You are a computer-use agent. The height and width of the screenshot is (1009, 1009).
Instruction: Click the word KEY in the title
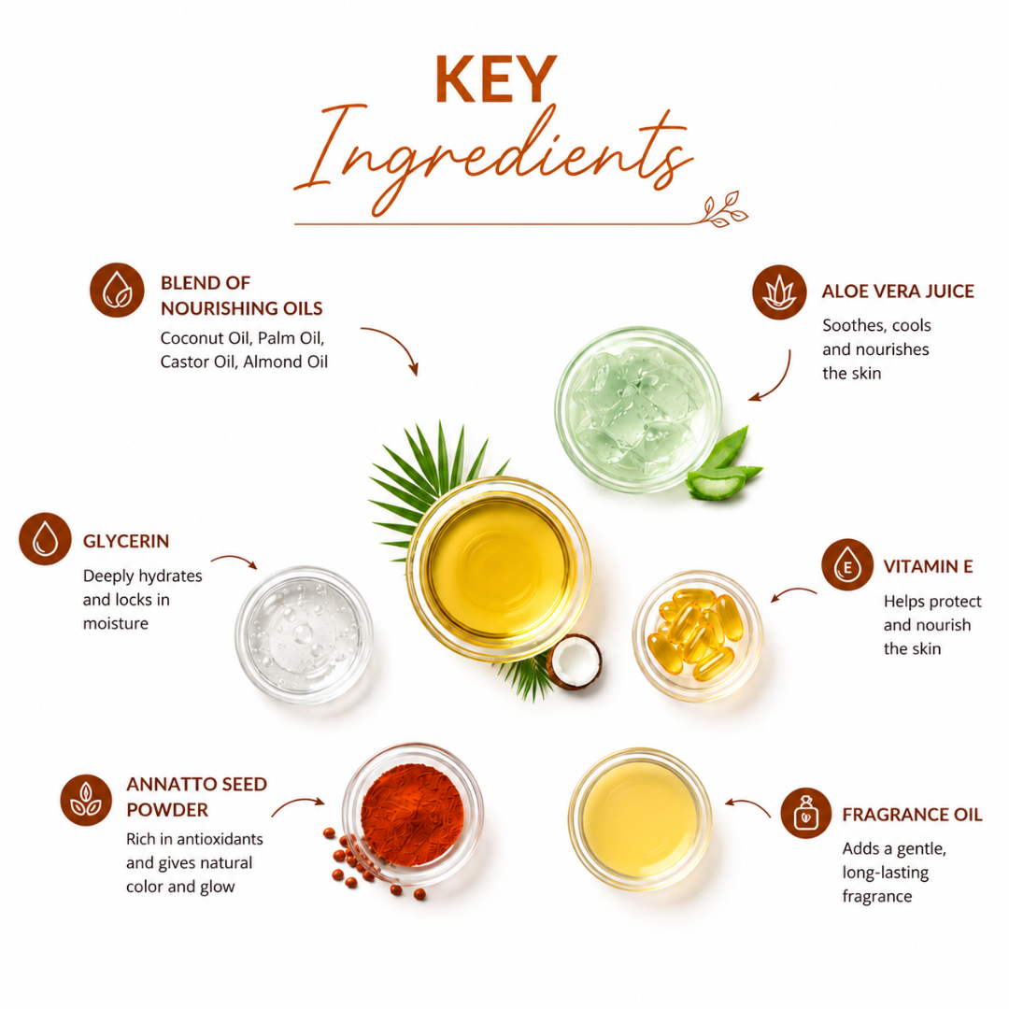click(495, 78)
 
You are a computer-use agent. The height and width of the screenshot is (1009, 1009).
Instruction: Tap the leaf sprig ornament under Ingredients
click(724, 210)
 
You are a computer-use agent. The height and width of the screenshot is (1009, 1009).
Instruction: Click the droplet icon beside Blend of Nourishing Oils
click(117, 290)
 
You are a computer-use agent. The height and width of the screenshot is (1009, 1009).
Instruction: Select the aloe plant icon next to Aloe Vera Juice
click(779, 292)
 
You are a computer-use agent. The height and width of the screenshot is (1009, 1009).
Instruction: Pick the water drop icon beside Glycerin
click(45, 539)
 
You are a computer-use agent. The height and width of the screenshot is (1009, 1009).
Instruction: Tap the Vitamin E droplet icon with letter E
click(847, 564)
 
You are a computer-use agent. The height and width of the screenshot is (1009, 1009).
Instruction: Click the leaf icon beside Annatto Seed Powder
click(86, 800)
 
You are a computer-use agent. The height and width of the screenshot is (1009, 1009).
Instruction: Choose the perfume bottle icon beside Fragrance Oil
click(806, 813)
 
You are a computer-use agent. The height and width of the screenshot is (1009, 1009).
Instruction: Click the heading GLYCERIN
click(126, 541)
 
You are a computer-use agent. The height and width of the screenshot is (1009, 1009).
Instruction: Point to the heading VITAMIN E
click(928, 566)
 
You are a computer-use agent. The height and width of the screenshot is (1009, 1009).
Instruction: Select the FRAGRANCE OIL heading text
click(913, 815)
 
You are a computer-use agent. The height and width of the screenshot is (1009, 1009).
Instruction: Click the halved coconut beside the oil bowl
click(574, 662)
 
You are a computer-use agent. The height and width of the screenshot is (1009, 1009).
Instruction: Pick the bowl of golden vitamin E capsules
click(698, 636)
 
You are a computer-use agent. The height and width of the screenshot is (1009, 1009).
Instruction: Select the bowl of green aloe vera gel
click(638, 410)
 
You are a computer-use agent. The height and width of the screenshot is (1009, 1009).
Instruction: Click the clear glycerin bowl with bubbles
click(304, 634)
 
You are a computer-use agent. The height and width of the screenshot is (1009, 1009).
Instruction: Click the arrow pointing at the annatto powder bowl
click(297, 804)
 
